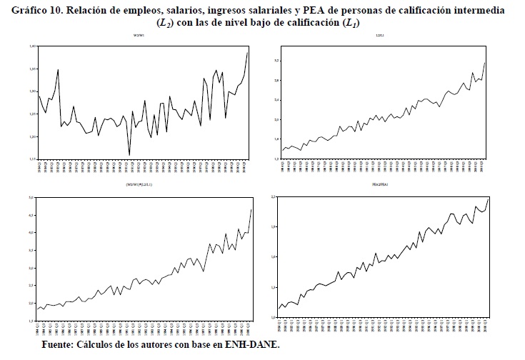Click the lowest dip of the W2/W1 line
(129, 154)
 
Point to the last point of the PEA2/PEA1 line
(489, 197)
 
